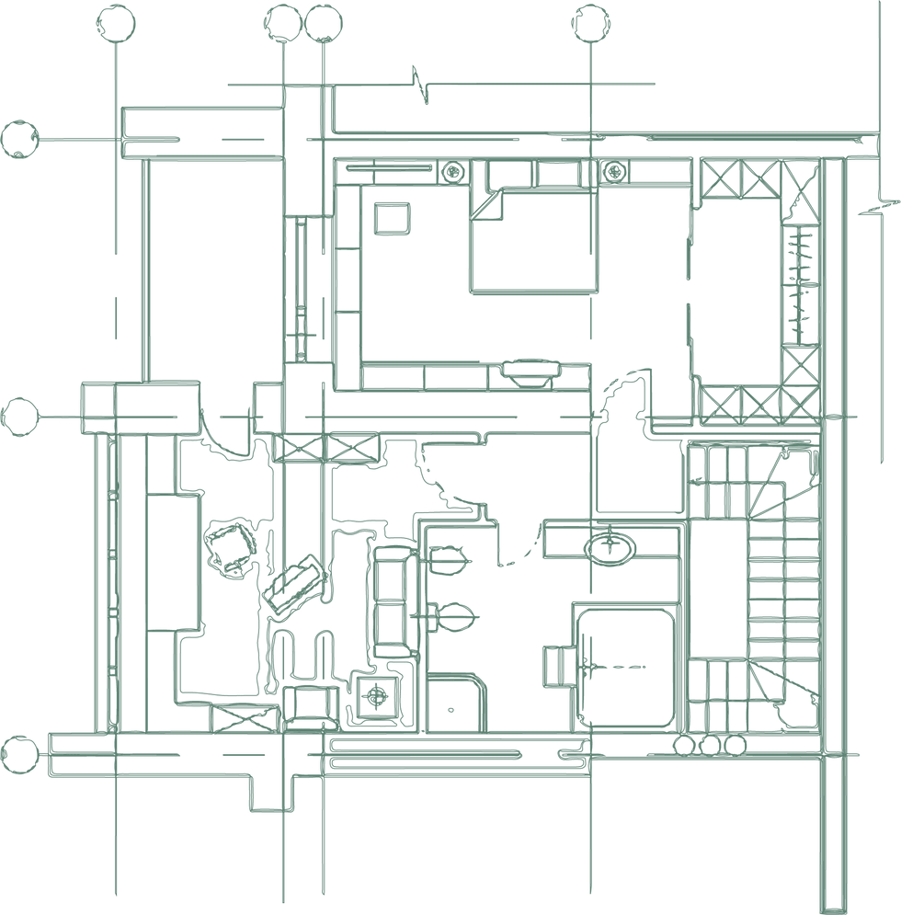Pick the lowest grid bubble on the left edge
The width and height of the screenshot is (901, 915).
coord(18,754)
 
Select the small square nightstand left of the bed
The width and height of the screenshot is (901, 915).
coord(392,220)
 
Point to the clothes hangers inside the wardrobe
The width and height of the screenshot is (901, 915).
coord(802,285)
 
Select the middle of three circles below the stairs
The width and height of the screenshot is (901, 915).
coord(709,744)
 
